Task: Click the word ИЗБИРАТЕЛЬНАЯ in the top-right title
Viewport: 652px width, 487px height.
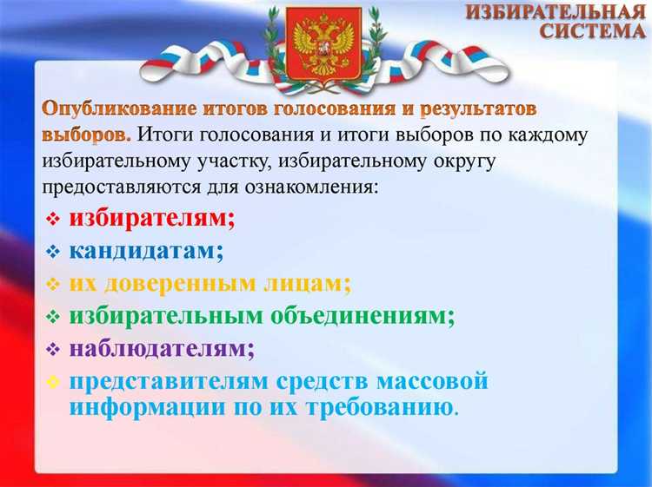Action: point(558,12)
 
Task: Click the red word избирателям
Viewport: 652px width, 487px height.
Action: point(152,218)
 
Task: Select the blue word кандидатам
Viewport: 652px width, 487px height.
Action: point(146,251)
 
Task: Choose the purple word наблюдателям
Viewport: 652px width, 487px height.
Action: point(162,349)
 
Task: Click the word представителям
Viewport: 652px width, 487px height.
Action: point(169,382)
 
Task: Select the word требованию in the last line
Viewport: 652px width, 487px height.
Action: point(383,406)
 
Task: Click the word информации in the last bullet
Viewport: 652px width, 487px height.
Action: point(145,406)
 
